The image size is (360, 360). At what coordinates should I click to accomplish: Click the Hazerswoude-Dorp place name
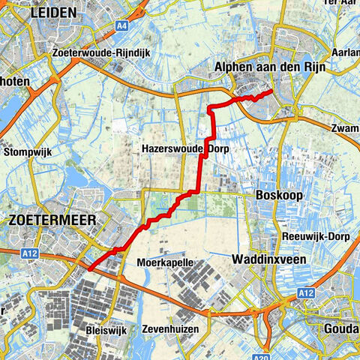coord(184,149)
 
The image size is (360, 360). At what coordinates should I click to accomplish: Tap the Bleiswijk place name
coord(105,329)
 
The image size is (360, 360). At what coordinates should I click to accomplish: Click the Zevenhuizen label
coord(177,329)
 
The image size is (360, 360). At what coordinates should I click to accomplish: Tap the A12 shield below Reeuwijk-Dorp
coord(304,292)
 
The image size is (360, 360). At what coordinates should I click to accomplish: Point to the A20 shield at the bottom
coord(260,355)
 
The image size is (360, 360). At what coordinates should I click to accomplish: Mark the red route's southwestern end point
coord(88,268)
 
